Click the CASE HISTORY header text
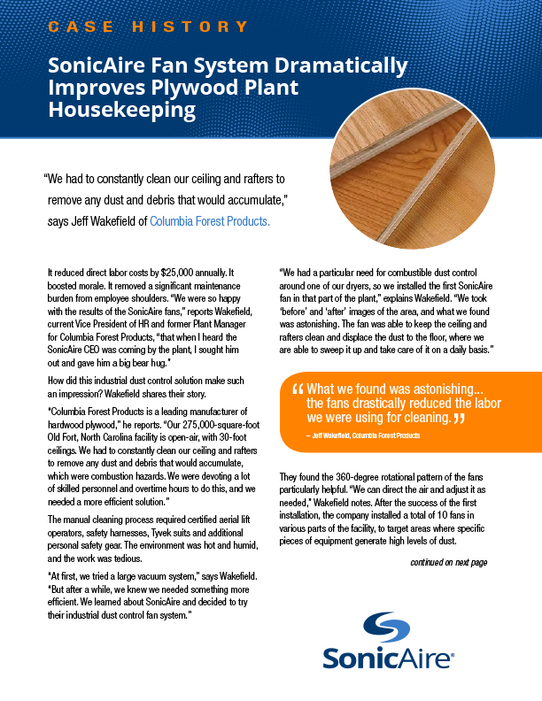[148, 27]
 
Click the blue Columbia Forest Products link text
[209, 221]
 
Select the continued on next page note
[448, 562]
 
